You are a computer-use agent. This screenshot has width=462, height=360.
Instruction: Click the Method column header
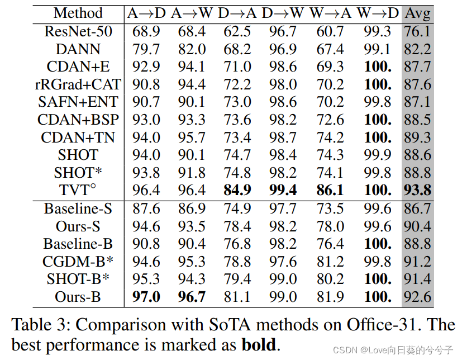click(78, 13)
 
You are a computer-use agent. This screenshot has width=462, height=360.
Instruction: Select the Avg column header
click(417, 13)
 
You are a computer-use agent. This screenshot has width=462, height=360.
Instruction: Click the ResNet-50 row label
click(78, 31)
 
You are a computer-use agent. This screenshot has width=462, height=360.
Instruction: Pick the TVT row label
click(78, 190)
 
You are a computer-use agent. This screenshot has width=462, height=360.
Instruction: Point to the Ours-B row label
click(78, 296)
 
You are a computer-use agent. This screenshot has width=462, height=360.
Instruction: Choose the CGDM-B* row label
click(78, 261)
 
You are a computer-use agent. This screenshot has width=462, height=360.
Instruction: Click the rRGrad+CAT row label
click(78, 84)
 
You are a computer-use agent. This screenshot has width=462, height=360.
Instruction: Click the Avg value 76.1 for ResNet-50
click(417, 31)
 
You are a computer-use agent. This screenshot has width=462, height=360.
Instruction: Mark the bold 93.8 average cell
click(417, 190)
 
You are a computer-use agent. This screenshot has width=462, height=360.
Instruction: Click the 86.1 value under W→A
click(330, 190)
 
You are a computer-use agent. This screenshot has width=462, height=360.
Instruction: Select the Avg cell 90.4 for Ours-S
click(417, 226)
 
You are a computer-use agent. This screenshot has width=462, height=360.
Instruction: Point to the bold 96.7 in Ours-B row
click(191, 296)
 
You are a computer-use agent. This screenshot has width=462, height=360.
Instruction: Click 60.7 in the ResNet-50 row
click(330, 31)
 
